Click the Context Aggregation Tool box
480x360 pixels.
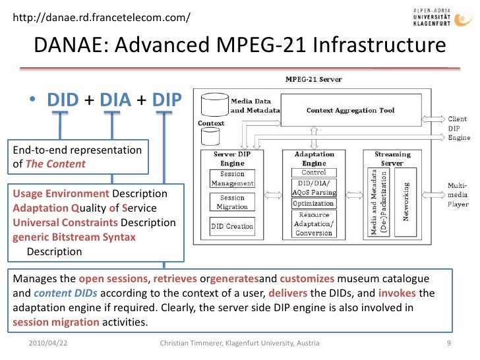coord(350,110)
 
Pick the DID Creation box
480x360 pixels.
coord(232,226)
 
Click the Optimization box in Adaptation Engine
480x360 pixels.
coord(313,203)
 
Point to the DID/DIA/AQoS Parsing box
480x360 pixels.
coord(314,187)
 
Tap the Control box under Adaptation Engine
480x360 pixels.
coord(314,172)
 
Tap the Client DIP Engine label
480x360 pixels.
coord(460,128)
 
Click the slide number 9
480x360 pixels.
coord(448,344)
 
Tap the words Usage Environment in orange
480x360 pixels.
coord(61,194)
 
